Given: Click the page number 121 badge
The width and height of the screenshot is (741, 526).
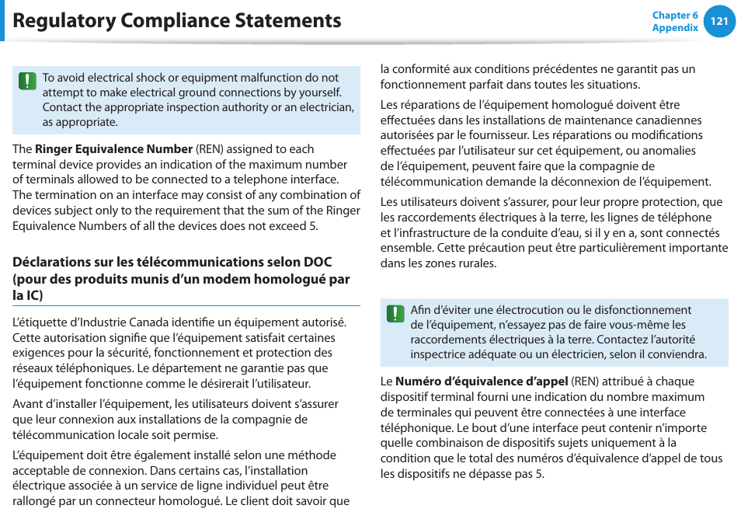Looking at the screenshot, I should click(719, 21).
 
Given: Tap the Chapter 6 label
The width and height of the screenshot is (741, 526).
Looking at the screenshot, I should click(675, 16).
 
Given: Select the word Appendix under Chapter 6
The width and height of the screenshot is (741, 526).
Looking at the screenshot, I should click(675, 28).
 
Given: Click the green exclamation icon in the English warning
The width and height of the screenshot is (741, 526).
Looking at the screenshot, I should click(27, 81).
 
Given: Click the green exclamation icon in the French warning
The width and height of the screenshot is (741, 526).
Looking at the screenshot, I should click(395, 313).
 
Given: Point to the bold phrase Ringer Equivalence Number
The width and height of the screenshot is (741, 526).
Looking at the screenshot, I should click(113, 149).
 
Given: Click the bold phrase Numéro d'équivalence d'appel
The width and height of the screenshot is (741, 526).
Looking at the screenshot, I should click(482, 381).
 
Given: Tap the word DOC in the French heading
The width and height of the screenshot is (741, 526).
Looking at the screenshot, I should click(317, 262).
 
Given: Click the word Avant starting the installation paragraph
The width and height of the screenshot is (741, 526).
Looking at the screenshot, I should click(28, 404).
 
